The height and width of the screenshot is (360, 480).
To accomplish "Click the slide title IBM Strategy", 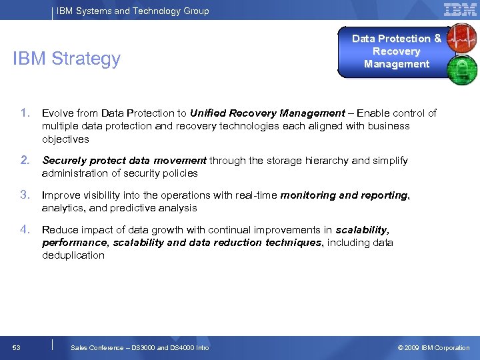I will click(67, 59).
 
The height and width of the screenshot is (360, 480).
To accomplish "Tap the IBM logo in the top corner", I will click(460, 9).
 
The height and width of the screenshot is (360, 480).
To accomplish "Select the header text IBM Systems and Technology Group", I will click(133, 11).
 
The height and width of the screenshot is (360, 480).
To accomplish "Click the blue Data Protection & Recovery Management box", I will click(396, 51).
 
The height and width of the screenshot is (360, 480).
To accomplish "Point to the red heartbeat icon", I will click(462, 39).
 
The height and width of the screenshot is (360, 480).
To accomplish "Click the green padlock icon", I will click(462, 69).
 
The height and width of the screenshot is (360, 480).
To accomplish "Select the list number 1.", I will click(25, 113).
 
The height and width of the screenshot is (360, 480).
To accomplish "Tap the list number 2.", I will click(25, 160).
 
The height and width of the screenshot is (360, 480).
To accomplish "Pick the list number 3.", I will click(25, 195).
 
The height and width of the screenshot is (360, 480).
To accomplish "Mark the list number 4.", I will click(25, 229).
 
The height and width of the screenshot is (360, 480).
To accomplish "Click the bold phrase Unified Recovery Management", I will click(267, 113).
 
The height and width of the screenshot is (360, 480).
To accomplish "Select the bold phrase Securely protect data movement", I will click(124, 161).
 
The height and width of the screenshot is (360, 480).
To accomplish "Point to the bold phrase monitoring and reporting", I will click(344, 195).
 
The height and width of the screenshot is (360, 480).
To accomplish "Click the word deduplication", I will click(73, 255).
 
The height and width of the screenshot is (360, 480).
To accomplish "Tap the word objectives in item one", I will click(65, 139).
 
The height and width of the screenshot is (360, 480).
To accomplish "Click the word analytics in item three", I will click(63, 208).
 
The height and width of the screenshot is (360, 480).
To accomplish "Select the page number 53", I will click(16, 347).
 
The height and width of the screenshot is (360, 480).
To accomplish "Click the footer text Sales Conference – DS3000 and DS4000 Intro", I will click(140, 347).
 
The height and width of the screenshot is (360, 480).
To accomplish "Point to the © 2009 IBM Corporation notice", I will click(433, 347).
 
